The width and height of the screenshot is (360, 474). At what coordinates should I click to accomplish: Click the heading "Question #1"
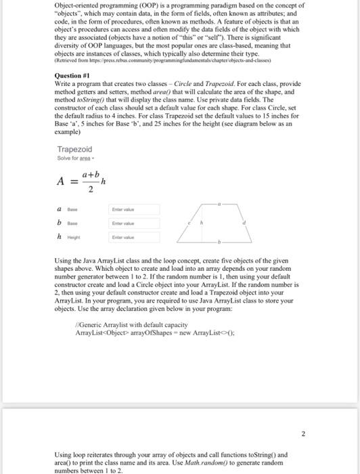(x=72, y=75)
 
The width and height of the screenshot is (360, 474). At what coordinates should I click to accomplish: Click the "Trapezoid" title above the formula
(x=74, y=149)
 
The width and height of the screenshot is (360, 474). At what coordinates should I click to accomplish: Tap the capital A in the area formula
(x=62, y=181)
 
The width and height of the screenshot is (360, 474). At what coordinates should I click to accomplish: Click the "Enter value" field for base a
(x=135, y=210)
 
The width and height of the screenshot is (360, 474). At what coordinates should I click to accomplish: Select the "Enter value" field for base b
(x=135, y=222)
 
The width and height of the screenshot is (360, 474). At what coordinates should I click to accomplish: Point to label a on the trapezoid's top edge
(x=219, y=202)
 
